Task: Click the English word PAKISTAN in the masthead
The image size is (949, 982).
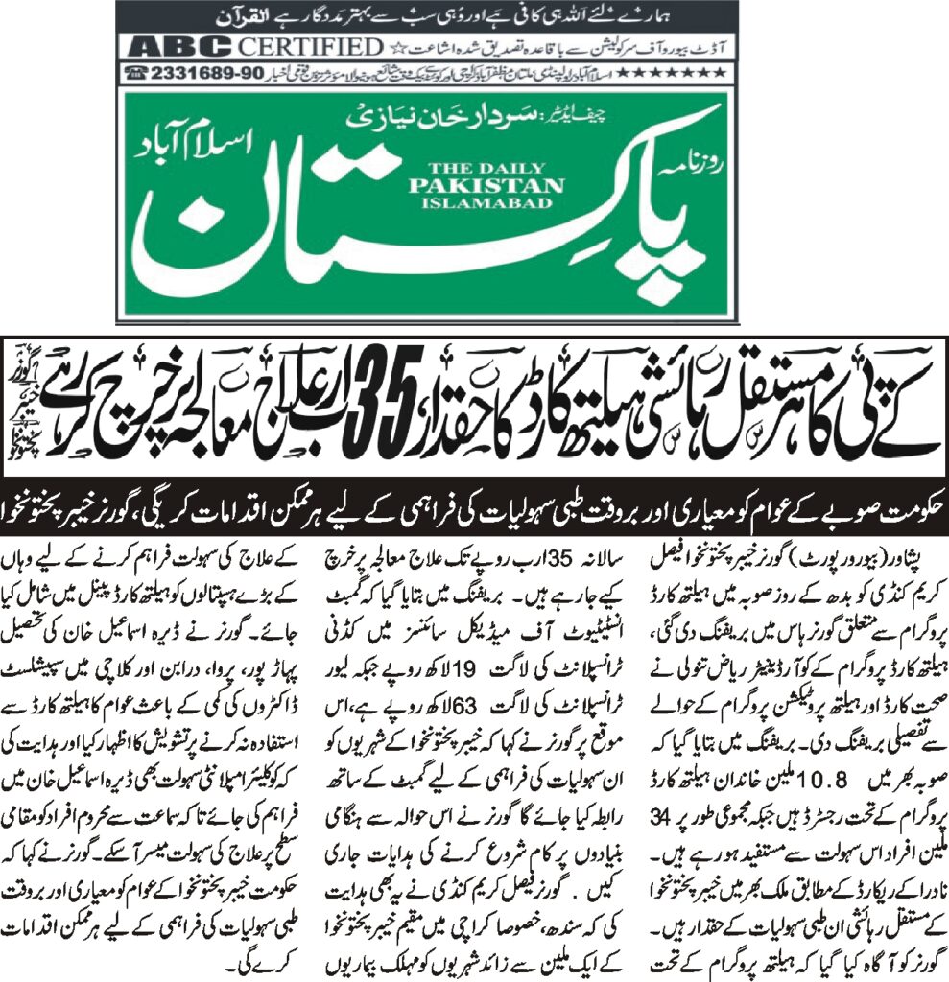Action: tap(484, 185)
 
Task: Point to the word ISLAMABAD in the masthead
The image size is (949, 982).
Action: tap(484, 202)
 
